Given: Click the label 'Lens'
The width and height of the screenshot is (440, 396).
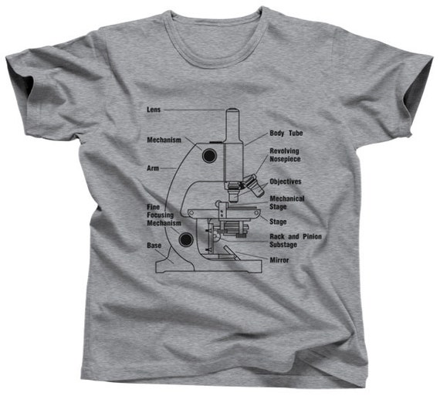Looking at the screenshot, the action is tap(154, 110).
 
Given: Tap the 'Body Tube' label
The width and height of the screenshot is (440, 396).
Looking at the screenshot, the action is tap(286, 133).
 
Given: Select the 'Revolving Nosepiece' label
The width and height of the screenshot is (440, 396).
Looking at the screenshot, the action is tap(285, 155).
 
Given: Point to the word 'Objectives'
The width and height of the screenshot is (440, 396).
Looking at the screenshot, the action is tap(286, 181).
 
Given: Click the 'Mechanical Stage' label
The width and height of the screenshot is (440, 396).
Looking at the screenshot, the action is tap(287, 202).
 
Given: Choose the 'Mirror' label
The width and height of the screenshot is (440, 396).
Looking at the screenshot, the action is tap(279, 260).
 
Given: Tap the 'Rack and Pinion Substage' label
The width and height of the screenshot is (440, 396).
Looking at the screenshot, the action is tap(296, 241).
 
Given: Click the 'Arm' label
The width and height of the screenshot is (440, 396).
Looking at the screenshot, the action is tap(153, 168).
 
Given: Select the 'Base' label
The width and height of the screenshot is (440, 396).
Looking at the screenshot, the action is tap(154, 245).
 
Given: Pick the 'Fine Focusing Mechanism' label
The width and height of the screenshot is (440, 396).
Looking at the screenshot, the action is tap(164, 215).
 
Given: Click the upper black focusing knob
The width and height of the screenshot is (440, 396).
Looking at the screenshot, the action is tap(208, 155).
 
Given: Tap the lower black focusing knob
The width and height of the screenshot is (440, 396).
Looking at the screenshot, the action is tap(186, 239).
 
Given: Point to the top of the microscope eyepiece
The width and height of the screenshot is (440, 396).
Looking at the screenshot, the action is tap(233, 110).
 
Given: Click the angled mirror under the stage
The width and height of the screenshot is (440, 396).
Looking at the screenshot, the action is tap(232, 253).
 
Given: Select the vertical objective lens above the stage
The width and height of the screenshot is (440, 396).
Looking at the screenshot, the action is tap(233, 194).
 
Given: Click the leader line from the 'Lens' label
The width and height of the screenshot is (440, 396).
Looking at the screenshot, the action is tap(195, 110).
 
